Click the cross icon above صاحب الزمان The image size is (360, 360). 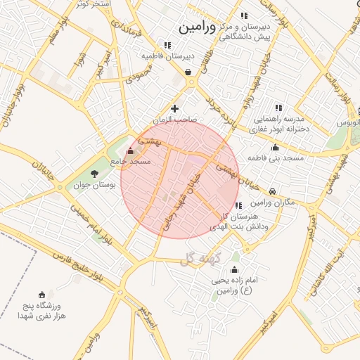[174, 108]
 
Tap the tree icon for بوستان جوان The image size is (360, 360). [95, 174]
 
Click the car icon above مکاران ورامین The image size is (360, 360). [272, 190]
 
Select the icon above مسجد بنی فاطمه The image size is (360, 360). [275, 148]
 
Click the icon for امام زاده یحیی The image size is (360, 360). [234, 270]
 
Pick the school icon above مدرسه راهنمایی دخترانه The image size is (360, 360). [278, 108]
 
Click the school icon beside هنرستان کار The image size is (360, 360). [239, 205]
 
